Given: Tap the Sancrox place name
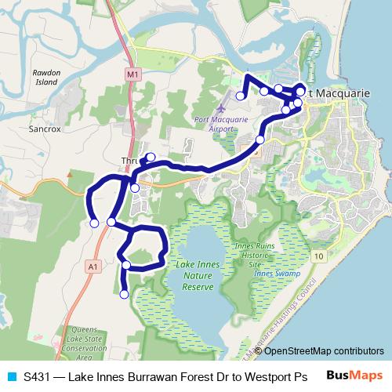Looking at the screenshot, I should (x=44, y=126).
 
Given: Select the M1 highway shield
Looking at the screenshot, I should (x=131, y=74).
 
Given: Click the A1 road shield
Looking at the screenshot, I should (x=93, y=267).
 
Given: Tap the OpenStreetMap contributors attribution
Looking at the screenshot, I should (x=324, y=350).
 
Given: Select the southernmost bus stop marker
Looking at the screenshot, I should (x=124, y=295).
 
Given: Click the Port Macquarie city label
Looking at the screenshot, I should (x=338, y=93).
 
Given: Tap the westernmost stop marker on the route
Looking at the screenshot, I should (x=94, y=223).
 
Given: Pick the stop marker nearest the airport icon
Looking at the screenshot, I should (x=241, y=96).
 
